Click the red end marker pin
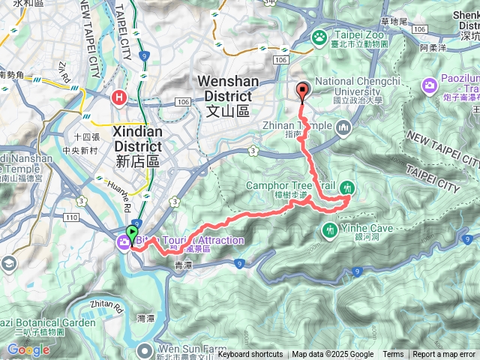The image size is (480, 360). tap(303, 90)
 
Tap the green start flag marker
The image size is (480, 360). tap(133, 233)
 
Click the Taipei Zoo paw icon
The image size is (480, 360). tap(319, 36)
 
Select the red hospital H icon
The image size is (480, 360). tap(118, 97)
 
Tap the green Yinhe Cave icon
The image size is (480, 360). tap(329, 229)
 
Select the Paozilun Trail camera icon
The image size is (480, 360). tap(430, 84)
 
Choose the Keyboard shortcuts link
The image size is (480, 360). tap(250, 355)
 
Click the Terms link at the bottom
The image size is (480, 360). tap(393, 355)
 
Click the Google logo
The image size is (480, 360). tap(28, 349)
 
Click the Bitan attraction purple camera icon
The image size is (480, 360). tap(121, 241)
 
